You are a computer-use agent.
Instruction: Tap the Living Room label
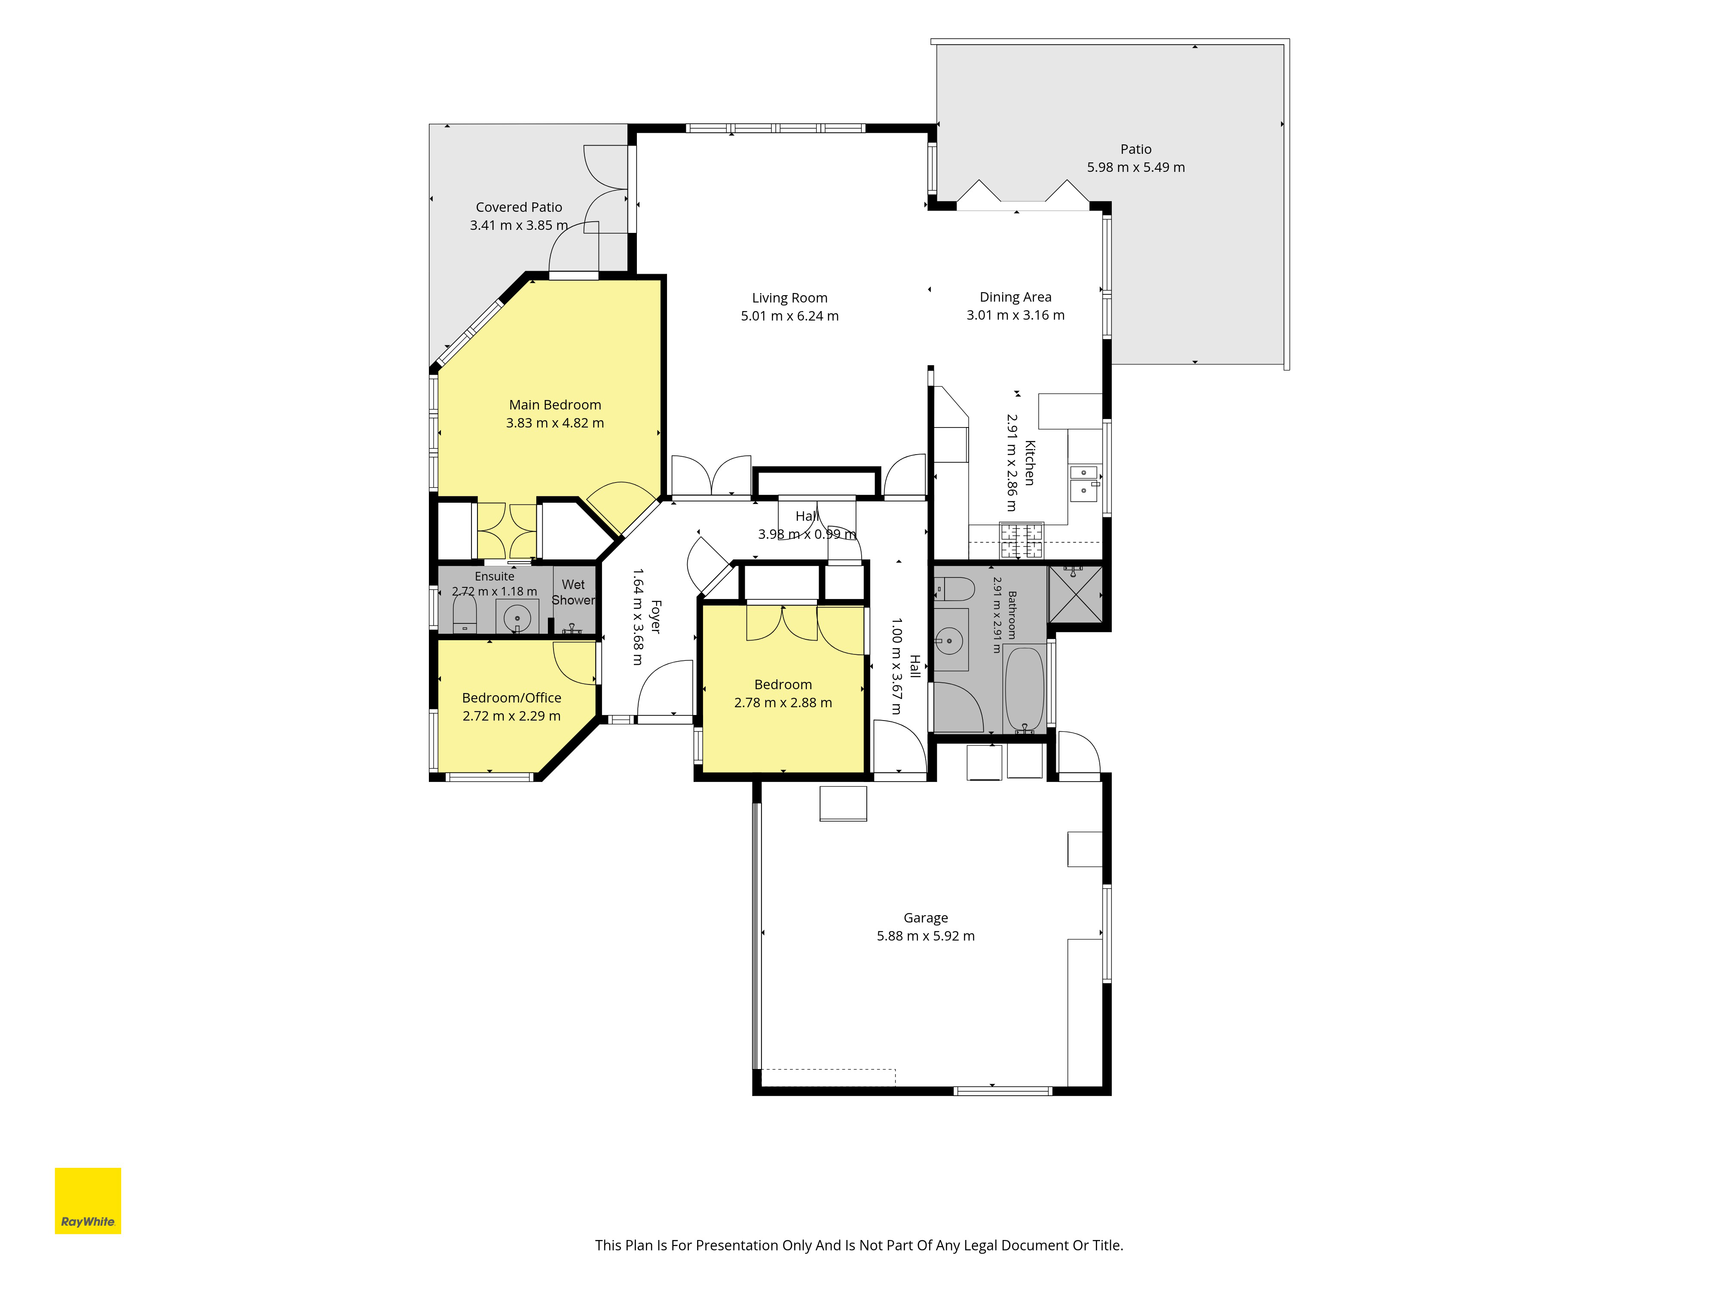click(789, 298)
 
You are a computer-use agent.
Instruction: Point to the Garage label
click(926, 918)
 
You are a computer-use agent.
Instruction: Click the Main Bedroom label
click(555, 405)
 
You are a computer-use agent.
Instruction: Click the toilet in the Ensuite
click(465, 614)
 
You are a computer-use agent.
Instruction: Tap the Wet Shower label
click(574, 592)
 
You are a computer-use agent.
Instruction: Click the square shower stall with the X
click(1076, 594)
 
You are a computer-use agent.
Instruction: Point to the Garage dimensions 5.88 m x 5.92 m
click(926, 936)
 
